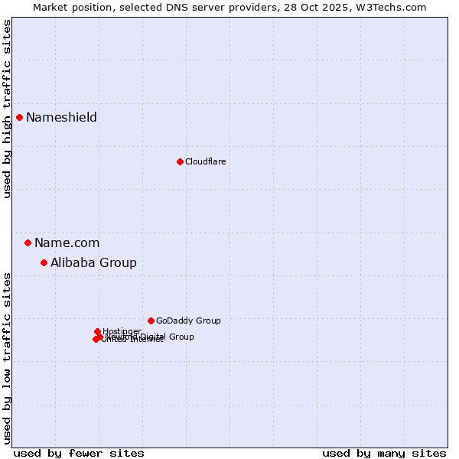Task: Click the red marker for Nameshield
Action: point(20,117)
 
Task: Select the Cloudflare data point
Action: point(180,161)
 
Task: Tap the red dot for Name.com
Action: point(28,243)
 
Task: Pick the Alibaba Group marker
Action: point(44,262)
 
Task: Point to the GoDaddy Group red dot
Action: point(151,321)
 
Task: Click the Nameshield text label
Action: point(61,117)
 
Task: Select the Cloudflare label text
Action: point(205,161)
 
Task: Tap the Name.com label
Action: point(67,243)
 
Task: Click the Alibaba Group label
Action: point(93,262)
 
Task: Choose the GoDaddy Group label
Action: point(188,321)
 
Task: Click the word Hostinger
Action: point(122,331)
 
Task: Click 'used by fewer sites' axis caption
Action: point(79,453)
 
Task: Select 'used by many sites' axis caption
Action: point(384,453)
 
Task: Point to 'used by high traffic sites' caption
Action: point(8,109)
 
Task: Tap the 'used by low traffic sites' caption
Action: point(8,358)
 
